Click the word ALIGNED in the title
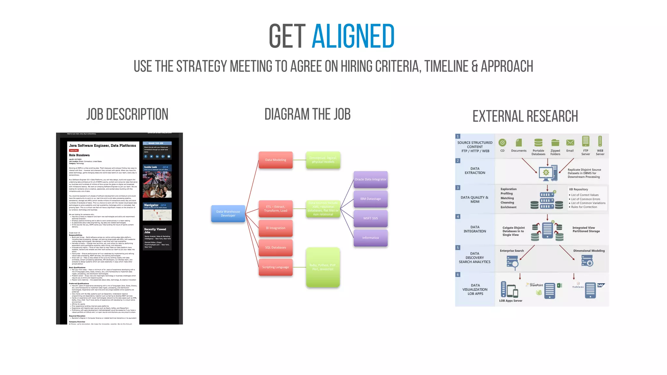pos(353,36)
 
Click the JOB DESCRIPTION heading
pos(127,115)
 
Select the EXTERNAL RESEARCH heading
pos(525,117)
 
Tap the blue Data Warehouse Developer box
pos(228,214)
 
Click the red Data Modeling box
pos(276,160)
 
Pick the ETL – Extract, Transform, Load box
pos(276,209)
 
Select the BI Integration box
pos(276,228)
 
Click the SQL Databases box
pos(276,248)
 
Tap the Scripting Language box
pos(276,267)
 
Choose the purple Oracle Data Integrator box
pos(370,179)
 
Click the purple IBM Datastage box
pos(370,199)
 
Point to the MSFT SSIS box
pos(370,218)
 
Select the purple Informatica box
pos(370,238)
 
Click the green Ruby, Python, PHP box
pos(323,267)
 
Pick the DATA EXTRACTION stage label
pos(475,171)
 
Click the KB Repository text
pos(578,189)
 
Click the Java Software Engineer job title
pos(102,146)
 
